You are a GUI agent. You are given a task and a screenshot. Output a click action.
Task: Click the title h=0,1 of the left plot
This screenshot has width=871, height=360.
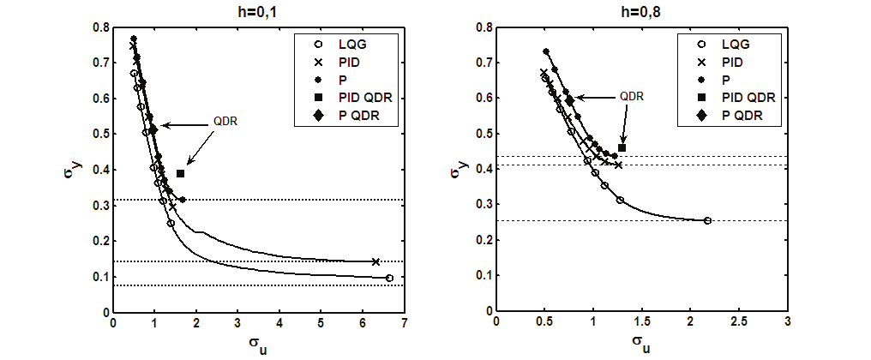pos(256,11)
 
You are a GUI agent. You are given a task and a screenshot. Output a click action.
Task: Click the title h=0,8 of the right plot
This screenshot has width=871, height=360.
pos(640,11)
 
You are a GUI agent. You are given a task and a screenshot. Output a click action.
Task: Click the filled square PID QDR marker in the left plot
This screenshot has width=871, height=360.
pos(180,174)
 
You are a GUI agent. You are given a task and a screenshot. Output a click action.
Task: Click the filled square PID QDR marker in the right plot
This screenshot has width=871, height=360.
pos(622,148)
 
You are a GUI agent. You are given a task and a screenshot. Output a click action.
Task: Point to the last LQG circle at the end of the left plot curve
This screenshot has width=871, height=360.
pos(389,278)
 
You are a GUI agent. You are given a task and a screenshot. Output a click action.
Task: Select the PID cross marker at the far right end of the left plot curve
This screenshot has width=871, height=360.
pos(375,261)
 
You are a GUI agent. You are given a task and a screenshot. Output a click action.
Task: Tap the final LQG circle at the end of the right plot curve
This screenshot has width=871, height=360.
pos(707,220)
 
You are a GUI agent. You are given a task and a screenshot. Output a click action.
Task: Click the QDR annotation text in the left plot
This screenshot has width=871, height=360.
pos(225,122)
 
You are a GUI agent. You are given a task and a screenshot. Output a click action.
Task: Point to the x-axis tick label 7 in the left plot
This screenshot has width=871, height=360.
pos(403,326)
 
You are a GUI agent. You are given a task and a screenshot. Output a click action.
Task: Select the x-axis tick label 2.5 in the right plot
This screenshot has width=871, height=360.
pos(739,326)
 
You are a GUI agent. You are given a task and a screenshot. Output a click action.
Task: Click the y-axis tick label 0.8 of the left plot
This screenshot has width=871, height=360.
pos(101,27)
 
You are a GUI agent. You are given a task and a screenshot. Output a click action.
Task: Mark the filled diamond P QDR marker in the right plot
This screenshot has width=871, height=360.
pos(569,100)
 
